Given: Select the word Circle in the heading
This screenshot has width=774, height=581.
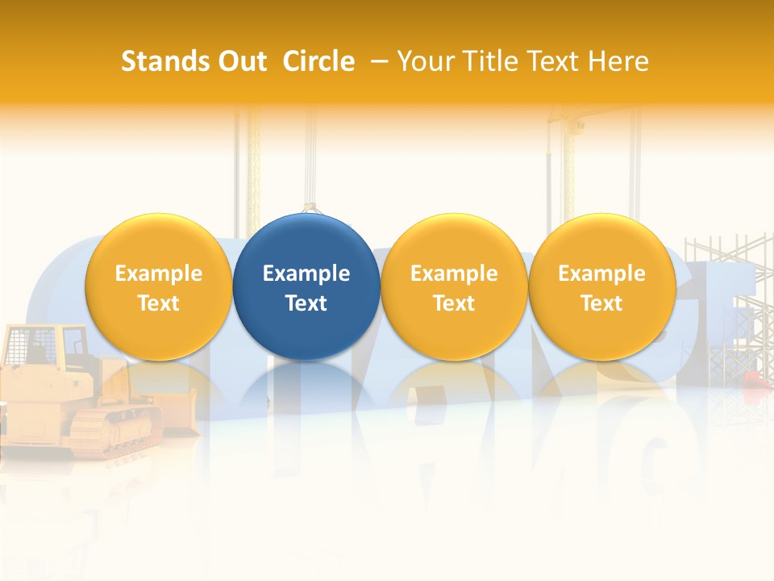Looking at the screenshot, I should click(318, 61).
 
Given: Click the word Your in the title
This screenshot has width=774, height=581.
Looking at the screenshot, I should click(422, 61).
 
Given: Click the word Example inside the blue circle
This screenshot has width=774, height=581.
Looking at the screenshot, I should click(306, 274).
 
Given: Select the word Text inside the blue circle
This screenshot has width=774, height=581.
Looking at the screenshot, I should click(306, 303).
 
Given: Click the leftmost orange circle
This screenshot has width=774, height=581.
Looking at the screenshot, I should click(159, 286).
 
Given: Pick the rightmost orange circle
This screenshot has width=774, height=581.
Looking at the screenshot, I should click(602, 286).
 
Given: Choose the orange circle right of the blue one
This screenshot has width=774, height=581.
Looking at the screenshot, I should click(454, 286).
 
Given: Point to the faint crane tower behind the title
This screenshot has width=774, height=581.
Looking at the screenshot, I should click(568, 161).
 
